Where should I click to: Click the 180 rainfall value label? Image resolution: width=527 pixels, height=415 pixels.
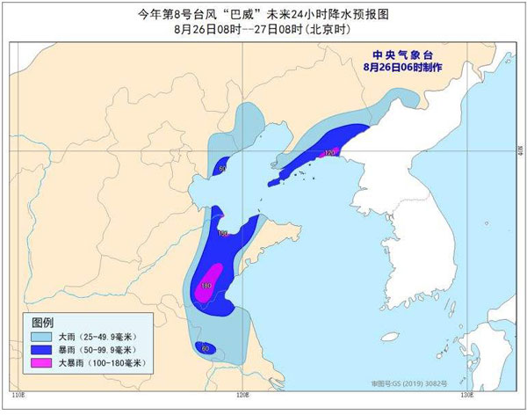(x=206, y=287)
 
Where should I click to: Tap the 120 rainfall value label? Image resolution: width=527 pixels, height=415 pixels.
(x=330, y=153)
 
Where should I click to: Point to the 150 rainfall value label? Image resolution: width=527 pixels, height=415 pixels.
(x=222, y=233)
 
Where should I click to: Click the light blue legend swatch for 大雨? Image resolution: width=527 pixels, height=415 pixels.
(x=40, y=337)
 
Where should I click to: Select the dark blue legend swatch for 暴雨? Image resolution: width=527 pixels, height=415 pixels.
(x=40, y=350)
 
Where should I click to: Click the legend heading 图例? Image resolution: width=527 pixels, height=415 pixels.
(x=43, y=321)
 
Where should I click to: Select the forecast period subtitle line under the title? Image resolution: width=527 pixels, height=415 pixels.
(x=263, y=30)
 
